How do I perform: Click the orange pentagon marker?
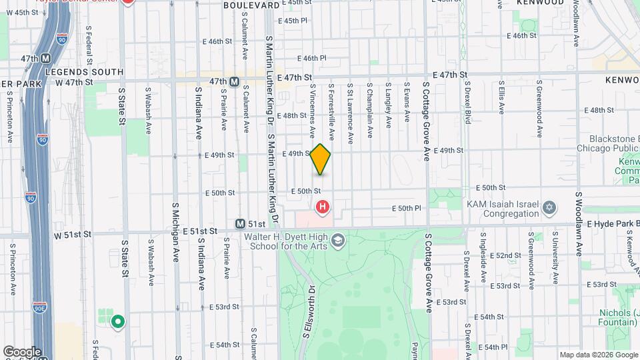pos(321,159)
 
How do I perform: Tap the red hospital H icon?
pos(323,207)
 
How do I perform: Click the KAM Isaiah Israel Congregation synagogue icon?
pos(549,207)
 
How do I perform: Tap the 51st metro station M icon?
pos(240,224)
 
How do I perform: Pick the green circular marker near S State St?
pos(118,322)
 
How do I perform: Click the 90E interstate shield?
pos(39,307)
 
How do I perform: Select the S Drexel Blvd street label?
pos(467,104)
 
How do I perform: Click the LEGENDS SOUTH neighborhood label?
pos(85,71)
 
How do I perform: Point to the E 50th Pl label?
pos(407,208)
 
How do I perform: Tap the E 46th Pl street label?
pos(313,58)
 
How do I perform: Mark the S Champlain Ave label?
pos(369,103)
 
